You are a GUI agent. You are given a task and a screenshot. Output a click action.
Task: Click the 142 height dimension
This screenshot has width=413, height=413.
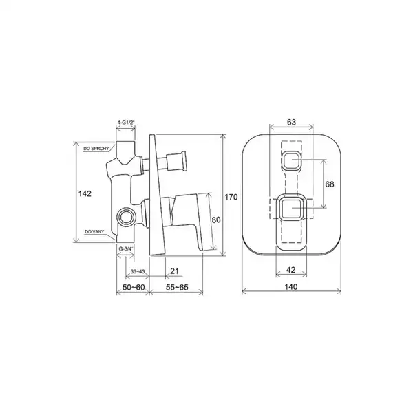85,193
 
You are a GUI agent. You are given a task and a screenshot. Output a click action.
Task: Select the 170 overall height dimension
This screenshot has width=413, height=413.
231,197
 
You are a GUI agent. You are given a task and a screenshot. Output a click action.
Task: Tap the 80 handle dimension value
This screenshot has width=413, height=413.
216,220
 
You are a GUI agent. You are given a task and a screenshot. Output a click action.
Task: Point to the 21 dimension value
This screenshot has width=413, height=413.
174,271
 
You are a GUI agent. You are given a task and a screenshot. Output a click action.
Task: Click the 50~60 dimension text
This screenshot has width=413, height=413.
134,287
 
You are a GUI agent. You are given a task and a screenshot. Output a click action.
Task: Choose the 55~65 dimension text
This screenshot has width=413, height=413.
177,287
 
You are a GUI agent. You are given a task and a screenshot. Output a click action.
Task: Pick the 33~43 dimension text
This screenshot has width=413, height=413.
138,272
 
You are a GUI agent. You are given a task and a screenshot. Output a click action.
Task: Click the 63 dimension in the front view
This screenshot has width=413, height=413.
291,123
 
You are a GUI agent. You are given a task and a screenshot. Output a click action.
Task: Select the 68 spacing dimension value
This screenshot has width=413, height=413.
330,184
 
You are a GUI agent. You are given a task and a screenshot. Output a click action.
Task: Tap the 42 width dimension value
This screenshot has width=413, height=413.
290,270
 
